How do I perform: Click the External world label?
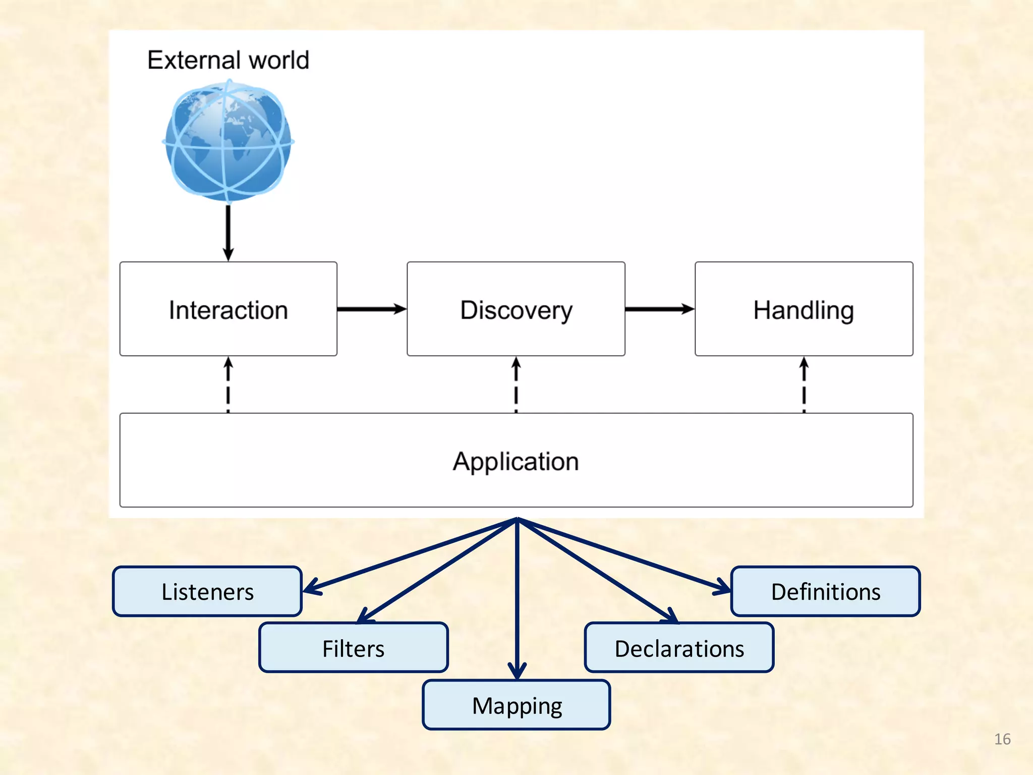tap(228, 60)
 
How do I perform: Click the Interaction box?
tap(228, 309)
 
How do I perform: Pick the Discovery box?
tap(515, 309)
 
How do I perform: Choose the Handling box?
tap(804, 309)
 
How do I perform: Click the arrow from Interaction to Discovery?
tap(372, 309)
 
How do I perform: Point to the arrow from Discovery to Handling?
tap(659, 309)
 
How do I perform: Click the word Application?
tap(515, 461)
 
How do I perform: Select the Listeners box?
tap(207, 591)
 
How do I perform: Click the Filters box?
tap(353, 648)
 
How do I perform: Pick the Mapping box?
tap(516, 705)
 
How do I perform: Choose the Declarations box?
tap(679, 648)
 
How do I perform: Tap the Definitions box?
tap(825, 591)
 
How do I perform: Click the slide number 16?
tap(1002, 739)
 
